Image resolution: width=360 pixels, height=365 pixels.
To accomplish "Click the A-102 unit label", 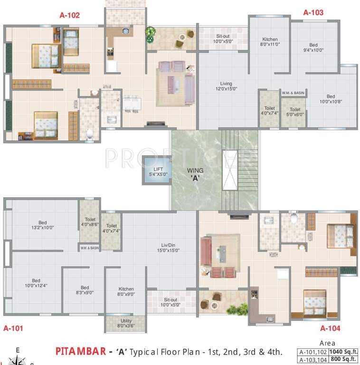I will click(69, 15).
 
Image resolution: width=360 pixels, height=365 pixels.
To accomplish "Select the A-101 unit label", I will click(13, 328).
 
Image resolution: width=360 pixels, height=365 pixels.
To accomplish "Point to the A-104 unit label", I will click(330, 328).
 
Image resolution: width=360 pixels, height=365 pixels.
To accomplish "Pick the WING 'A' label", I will click(195, 174).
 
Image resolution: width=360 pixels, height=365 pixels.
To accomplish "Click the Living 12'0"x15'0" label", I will click(226, 86).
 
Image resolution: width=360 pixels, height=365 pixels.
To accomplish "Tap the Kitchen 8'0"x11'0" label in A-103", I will click(269, 42).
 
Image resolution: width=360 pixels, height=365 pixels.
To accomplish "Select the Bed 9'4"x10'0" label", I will click(313, 48).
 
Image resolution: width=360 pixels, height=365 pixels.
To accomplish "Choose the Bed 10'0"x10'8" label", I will click(331, 99).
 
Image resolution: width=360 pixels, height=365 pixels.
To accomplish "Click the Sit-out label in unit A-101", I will click(170, 302).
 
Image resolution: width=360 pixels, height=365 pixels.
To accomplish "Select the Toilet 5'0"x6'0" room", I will click(295, 112).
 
